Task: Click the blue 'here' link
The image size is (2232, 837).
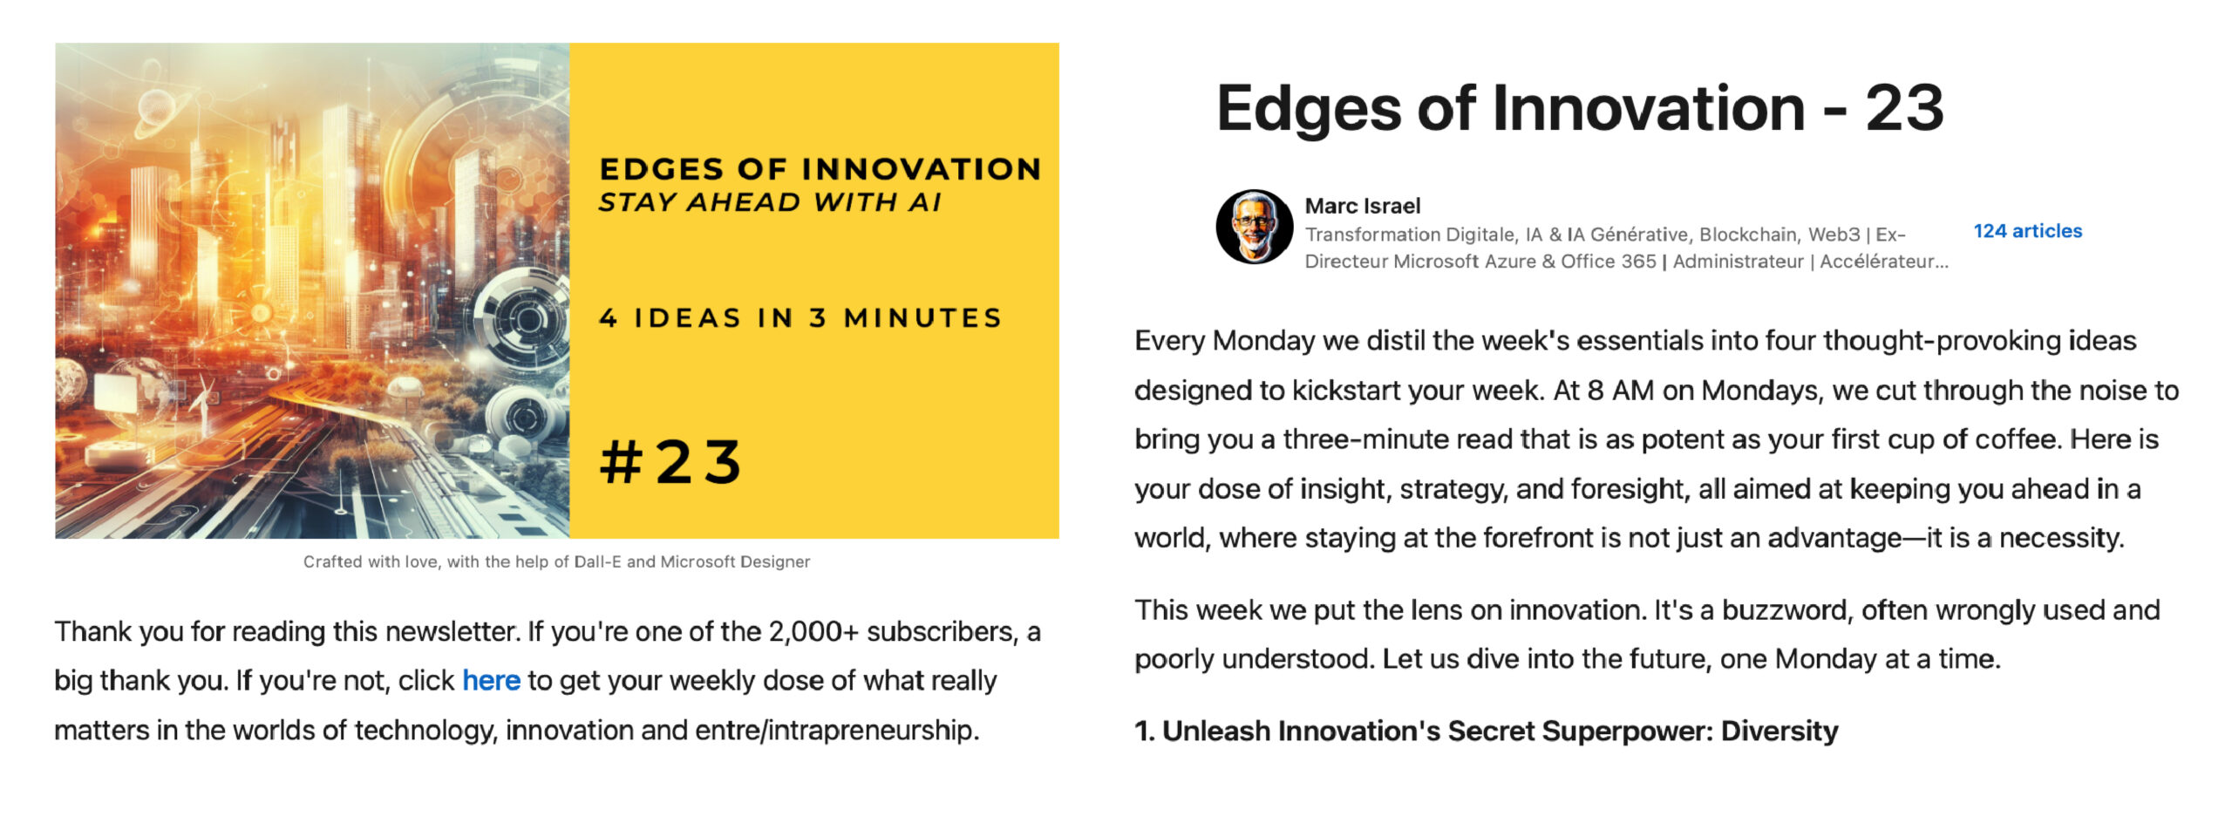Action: [x=491, y=680]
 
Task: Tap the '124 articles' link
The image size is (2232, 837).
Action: [x=2027, y=231]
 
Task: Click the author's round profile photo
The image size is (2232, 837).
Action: [x=1255, y=227]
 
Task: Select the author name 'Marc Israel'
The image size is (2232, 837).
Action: [x=1362, y=206]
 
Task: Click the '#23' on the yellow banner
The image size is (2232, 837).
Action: [x=671, y=461]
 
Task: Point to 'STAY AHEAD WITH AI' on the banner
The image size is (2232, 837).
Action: [x=770, y=202]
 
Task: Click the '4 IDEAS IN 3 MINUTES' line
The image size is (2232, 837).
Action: [x=800, y=318]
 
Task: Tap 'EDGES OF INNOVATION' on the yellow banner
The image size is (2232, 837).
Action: [x=820, y=168]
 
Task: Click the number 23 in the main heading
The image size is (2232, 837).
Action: [x=1904, y=108]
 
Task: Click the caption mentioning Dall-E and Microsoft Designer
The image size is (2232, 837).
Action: [x=556, y=562]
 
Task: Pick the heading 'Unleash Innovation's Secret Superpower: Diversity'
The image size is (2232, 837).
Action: [x=1500, y=731]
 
